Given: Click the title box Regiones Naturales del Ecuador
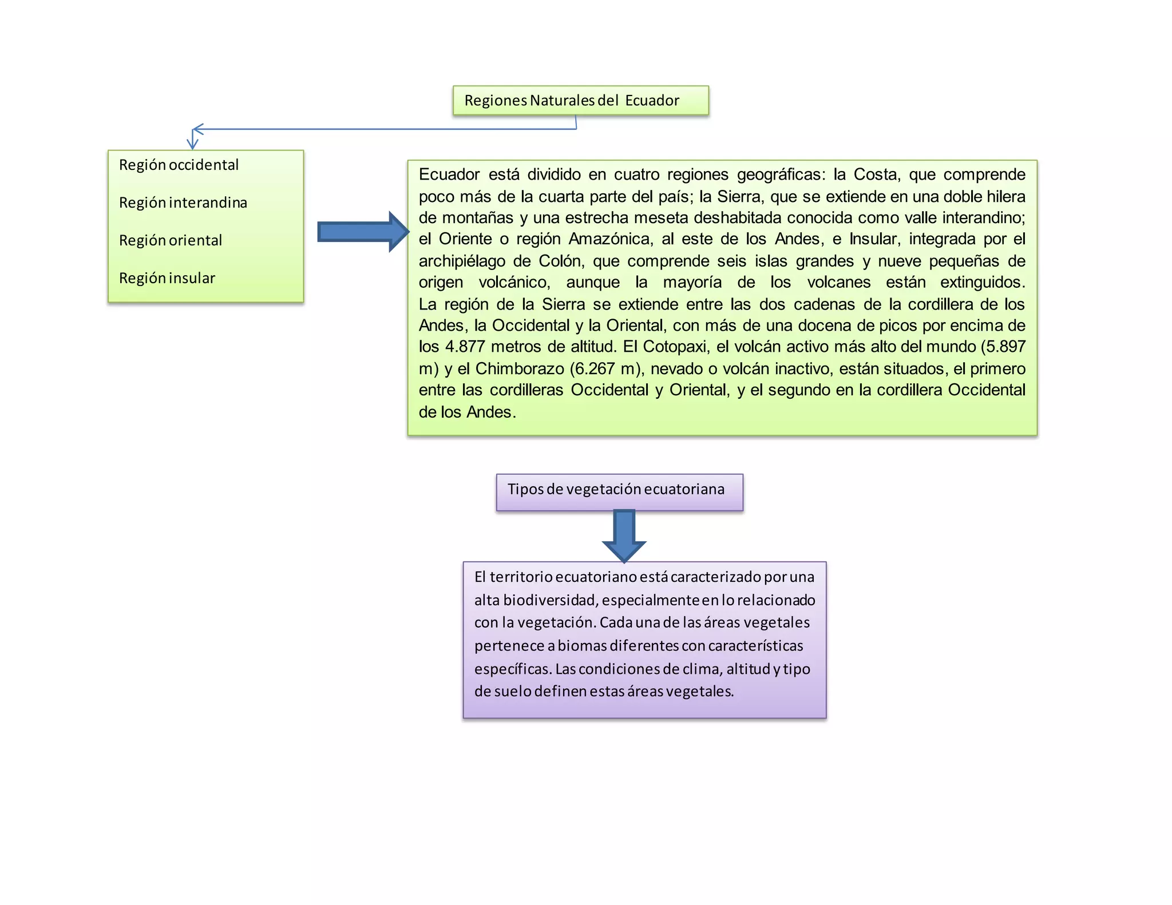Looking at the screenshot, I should [580, 101].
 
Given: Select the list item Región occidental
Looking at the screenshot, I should [179, 165].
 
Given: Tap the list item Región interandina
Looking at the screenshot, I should [183, 203].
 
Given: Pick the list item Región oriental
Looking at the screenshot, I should [171, 240].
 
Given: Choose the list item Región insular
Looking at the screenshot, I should [167, 278].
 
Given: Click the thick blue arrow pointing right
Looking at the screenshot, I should [363, 232].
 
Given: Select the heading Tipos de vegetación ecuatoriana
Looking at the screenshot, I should [616, 489].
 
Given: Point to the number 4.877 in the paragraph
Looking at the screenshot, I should [465, 347].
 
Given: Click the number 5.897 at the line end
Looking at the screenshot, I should [1005, 347].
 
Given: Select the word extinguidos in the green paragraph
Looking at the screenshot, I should [982, 282].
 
